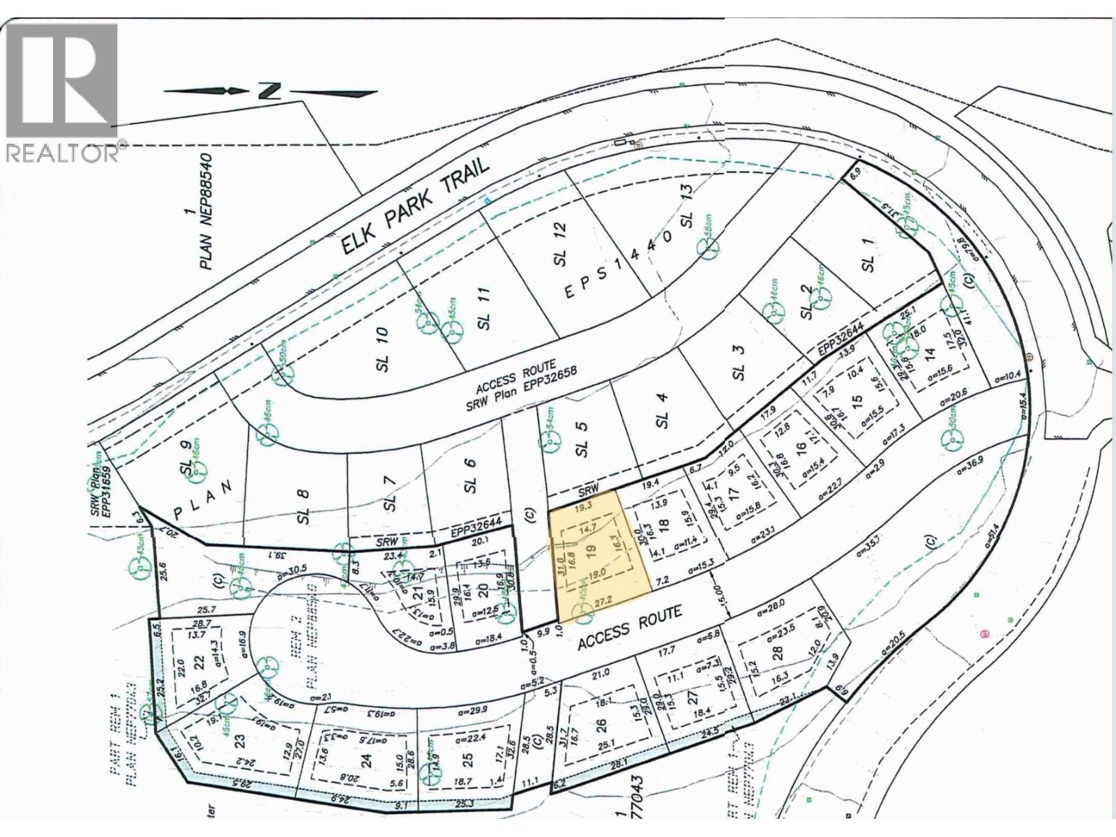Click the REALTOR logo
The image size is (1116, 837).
coord(63,91)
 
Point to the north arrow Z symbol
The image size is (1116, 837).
coord(269,91)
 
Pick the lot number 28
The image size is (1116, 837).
coord(778,652)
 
